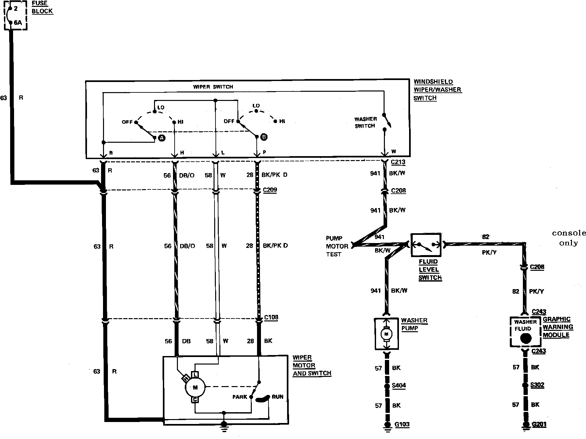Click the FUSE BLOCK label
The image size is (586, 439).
[42, 7]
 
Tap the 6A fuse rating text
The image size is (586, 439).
[18, 23]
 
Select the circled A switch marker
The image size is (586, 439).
[161, 138]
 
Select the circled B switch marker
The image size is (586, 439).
[264, 137]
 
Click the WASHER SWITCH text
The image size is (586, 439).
[365, 122]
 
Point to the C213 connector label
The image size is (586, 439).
[398, 162]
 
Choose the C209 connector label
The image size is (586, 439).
[270, 190]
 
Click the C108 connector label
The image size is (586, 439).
[271, 317]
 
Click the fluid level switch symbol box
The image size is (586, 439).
[426, 245]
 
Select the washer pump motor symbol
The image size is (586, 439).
[387, 334]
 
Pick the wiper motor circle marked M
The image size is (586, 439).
[195, 388]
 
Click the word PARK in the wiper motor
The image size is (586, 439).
[240, 397]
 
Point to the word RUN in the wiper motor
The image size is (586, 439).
[278, 397]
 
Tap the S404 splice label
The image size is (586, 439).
[399, 385]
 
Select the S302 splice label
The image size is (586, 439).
[537, 385]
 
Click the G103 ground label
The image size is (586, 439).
[402, 425]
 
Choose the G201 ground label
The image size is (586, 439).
[539, 425]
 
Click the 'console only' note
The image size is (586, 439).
[568, 238]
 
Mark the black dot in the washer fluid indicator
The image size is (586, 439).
[526, 338]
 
